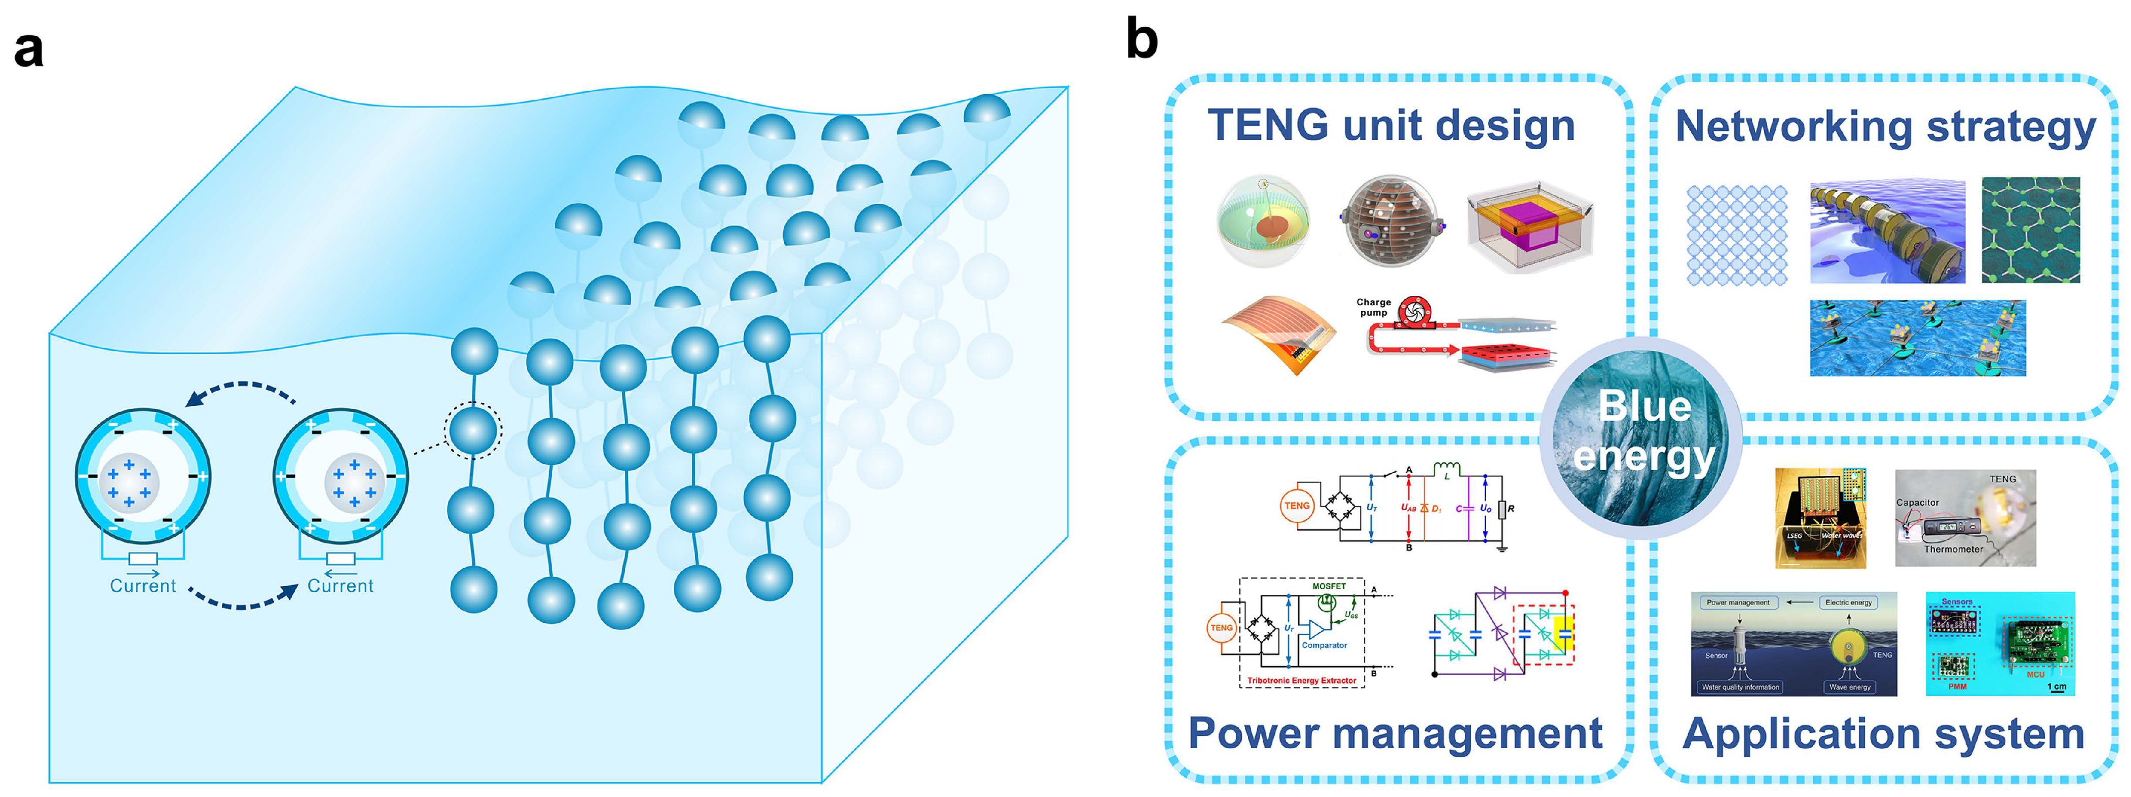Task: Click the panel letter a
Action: click(29, 50)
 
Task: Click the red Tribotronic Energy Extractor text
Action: click(1301, 680)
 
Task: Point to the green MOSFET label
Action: click(1328, 586)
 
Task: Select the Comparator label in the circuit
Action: click(1324, 645)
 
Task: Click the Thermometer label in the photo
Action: click(1953, 548)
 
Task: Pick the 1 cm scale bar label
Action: click(2057, 686)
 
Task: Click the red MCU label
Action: click(2035, 674)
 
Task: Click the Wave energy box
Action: click(1850, 687)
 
